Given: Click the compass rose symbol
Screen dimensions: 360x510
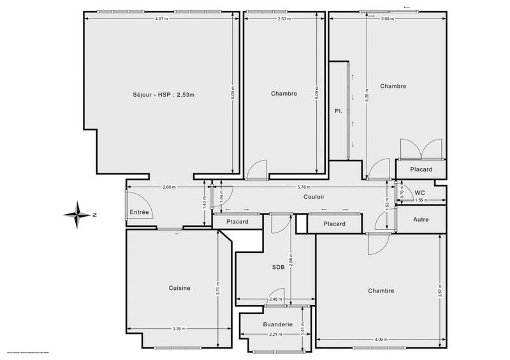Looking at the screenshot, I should pyautogui.click(x=76, y=214).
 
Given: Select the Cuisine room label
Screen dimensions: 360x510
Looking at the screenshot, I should pyautogui.click(x=180, y=288).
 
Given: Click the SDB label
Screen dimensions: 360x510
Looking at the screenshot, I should pyautogui.click(x=278, y=267).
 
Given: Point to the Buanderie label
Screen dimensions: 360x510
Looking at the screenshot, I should pyautogui.click(x=277, y=324).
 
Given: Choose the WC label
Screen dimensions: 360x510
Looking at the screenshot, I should pyautogui.click(x=419, y=192).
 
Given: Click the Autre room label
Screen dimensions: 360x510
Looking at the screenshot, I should pyautogui.click(x=421, y=220).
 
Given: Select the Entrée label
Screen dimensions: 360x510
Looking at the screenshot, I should pyautogui.click(x=140, y=212).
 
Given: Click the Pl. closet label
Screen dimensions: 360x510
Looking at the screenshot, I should pyautogui.click(x=339, y=111).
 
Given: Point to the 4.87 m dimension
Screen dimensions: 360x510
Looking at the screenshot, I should pyautogui.click(x=161, y=19).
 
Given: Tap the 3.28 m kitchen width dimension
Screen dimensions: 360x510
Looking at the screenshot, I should pyautogui.click(x=179, y=329).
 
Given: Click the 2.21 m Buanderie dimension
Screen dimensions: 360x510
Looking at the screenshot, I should pyautogui.click(x=275, y=335).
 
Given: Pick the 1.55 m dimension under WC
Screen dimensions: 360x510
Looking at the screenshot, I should pyautogui.click(x=420, y=201).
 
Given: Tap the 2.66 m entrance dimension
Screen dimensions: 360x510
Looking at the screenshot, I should pyautogui.click(x=169, y=187).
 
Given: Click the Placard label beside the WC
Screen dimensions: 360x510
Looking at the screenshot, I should pyautogui.click(x=421, y=169).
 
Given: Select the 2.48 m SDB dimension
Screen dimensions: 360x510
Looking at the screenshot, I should pyautogui.click(x=275, y=299).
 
